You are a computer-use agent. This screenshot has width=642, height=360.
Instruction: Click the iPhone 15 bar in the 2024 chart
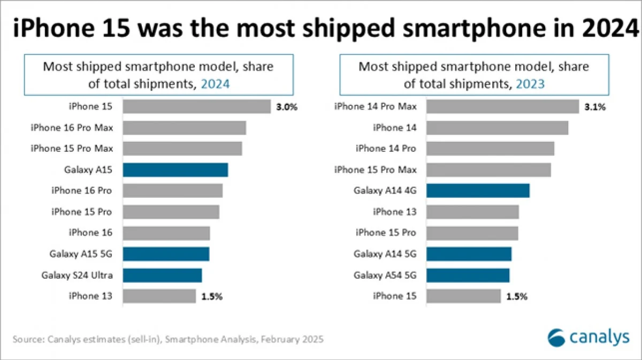[196, 106]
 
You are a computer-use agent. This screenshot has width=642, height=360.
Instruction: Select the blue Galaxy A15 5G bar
[166, 254]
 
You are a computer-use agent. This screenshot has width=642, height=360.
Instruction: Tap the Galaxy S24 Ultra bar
[162, 275]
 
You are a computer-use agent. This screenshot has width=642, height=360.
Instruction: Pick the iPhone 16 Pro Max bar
[184, 128]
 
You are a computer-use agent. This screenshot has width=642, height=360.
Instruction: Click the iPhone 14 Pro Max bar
[502, 106]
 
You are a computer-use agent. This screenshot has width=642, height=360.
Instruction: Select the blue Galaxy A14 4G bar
[478, 191]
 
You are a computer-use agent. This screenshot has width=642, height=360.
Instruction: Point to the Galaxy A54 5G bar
[468, 275]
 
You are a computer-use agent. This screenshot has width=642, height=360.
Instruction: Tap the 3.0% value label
[286, 107]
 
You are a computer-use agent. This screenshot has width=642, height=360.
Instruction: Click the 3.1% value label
[595, 107]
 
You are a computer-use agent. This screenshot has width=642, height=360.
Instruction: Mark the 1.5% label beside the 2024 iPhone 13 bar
[212, 296]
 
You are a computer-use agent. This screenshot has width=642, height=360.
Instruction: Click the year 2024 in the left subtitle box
[215, 84]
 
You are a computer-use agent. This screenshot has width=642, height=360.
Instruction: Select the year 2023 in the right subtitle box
[530, 84]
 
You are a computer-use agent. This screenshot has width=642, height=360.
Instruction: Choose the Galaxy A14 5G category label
[385, 254]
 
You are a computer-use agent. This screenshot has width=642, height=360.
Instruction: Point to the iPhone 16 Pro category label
[81, 191]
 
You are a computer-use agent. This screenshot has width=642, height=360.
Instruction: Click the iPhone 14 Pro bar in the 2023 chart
[490, 149]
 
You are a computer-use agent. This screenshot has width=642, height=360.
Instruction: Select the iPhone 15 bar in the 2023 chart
[463, 296]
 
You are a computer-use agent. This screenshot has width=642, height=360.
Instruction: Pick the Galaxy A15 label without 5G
[88, 170]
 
